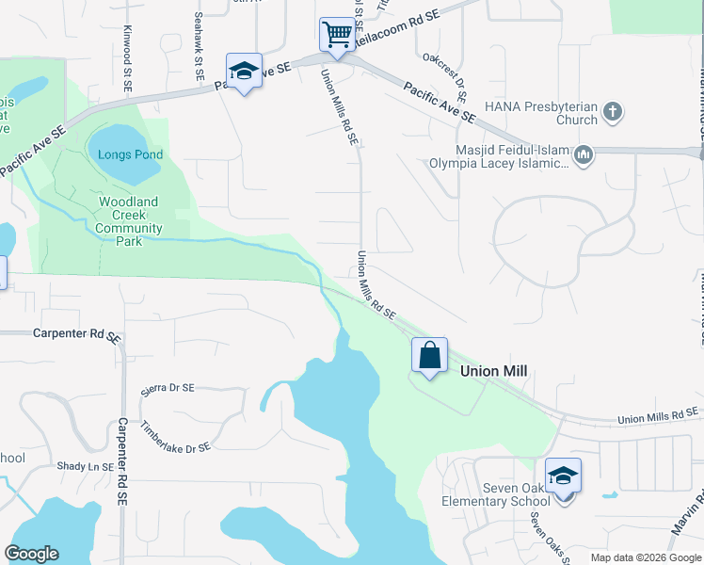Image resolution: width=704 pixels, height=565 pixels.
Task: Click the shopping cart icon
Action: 336,35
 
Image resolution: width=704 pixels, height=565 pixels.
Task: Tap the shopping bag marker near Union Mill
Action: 429,356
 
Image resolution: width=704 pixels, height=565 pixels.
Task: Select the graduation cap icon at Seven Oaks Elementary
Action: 563,476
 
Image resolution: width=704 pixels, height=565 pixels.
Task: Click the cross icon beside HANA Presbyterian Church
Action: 612,111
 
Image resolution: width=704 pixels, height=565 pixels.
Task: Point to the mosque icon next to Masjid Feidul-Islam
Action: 583,153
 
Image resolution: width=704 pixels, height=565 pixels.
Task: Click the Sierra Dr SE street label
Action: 167,388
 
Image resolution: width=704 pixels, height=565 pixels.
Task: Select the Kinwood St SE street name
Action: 127,58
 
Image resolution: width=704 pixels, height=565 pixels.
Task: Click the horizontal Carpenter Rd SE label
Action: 78,333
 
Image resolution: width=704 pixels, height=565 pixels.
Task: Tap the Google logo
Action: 31,554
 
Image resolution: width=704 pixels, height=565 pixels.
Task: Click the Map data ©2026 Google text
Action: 646,557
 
